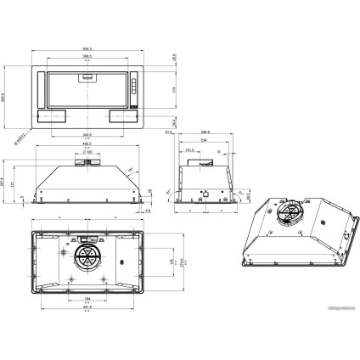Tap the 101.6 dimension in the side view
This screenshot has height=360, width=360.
190,150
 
